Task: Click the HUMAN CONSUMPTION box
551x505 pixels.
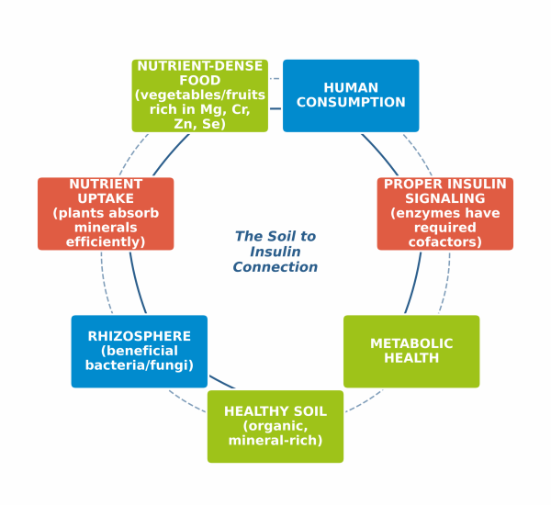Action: pos(351,95)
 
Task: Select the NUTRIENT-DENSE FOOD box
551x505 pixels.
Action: pos(200,95)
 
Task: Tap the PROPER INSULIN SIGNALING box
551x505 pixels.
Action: pos(445,213)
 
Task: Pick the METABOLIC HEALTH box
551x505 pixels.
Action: pos(411,351)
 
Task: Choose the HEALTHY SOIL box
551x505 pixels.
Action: pos(275,426)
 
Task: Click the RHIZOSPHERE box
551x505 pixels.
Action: pos(140,351)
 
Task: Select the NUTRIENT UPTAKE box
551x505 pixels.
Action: pos(106,213)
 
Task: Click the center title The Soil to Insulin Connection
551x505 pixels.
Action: pos(275,252)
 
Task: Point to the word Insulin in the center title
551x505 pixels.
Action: pos(275,252)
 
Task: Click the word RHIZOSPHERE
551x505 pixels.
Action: pos(140,335)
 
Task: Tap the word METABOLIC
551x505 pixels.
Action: pos(411,343)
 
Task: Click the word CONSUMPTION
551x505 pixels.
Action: pos(351,103)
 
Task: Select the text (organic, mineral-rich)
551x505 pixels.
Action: pos(275,433)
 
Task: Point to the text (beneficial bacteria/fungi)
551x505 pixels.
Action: pos(140,358)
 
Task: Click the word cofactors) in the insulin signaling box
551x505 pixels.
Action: pos(445,242)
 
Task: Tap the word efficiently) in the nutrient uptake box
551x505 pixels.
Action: pos(106,242)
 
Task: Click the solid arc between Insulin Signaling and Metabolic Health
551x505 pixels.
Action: pos(414,283)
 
